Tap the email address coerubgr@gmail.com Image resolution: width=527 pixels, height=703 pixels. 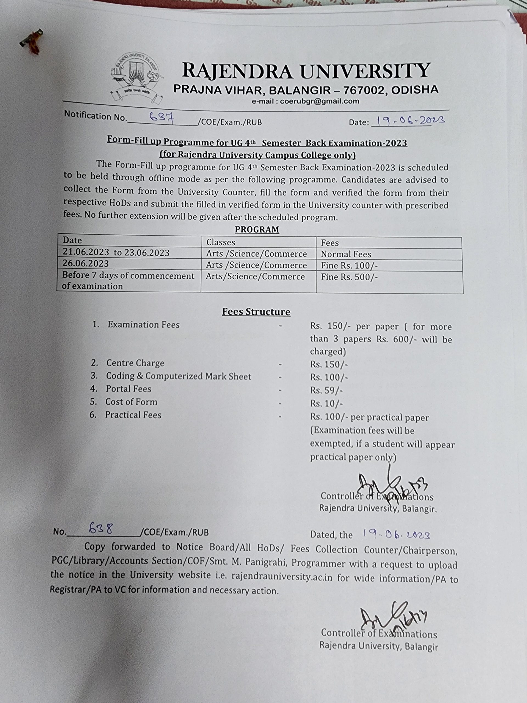(x=305, y=101)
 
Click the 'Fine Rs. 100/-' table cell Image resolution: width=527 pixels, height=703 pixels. (x=349, y=265)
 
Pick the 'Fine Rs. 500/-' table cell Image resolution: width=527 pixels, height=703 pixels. (x=349, y=277)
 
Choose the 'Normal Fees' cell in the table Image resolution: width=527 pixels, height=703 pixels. (x=346, y=254)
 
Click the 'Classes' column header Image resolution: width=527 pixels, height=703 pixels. (x=221, y=242)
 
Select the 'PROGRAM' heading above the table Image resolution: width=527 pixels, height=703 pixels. (x=257, y=230)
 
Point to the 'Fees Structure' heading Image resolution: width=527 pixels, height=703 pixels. (x=256, y=312)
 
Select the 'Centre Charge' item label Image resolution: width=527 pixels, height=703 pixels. (x=135, y=363)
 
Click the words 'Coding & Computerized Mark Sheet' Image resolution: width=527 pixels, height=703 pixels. (x=178, y=376)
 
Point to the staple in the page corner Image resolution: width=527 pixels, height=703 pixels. (x=32, y=41)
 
